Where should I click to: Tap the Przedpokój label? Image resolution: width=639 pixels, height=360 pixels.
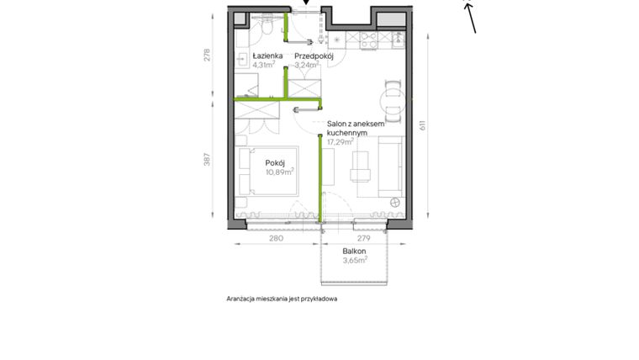click(314, 56)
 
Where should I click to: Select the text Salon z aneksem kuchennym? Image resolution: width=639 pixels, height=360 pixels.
click(356, 128)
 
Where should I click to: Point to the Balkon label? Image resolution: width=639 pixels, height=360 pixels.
click(353, 251)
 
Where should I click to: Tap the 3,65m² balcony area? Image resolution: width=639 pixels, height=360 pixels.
click(356, 261)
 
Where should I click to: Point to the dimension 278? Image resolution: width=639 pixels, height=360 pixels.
click(208, 56)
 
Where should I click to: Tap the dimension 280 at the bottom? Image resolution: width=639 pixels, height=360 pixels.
click(276, 239)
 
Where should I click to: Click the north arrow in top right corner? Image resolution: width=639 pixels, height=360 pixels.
click(470, 17)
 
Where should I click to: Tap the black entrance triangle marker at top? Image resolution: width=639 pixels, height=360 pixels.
click(307, 3)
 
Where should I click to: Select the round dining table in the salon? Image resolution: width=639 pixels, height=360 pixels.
click(391, 102)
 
